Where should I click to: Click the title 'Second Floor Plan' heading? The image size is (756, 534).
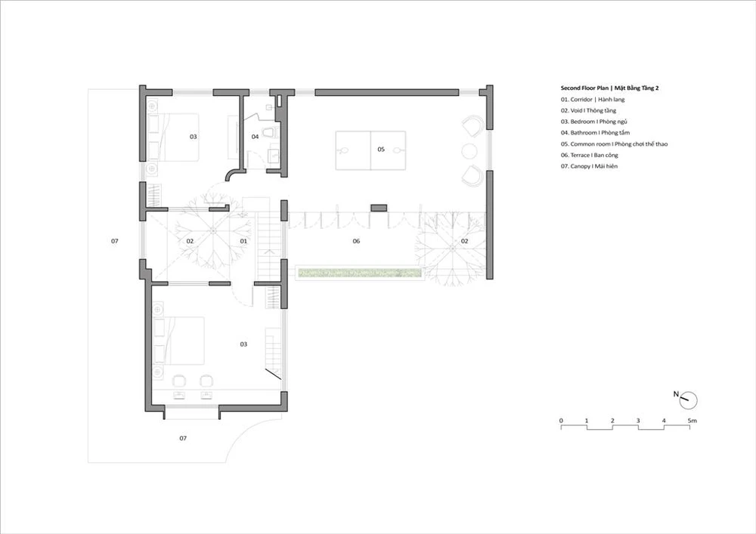(585, 88)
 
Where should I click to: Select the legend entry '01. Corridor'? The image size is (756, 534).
(576, 99)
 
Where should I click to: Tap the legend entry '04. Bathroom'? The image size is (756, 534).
(578, 132)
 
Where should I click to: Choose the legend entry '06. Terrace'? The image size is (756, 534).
(575, 155)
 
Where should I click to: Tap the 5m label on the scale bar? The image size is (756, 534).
(692, 421)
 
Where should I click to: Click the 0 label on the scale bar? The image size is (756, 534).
(561, 421)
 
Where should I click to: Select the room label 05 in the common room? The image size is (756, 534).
(381, 150)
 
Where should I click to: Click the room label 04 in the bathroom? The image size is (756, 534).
(255, 137)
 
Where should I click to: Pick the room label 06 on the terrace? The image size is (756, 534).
(356, 241)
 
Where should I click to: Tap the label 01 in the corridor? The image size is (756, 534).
(243, 241)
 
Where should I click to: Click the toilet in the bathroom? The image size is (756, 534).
(268, 131)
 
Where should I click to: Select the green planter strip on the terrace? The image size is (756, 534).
(360, 273)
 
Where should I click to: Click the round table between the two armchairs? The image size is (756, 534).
(469, 151)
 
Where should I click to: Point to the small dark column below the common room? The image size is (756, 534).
(379, 208)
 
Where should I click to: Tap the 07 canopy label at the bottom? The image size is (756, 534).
(183, 438)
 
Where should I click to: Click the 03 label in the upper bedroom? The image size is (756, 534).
(194, 137)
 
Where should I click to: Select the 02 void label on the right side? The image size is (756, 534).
(465, 241)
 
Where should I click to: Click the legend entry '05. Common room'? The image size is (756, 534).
(587, 144)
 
